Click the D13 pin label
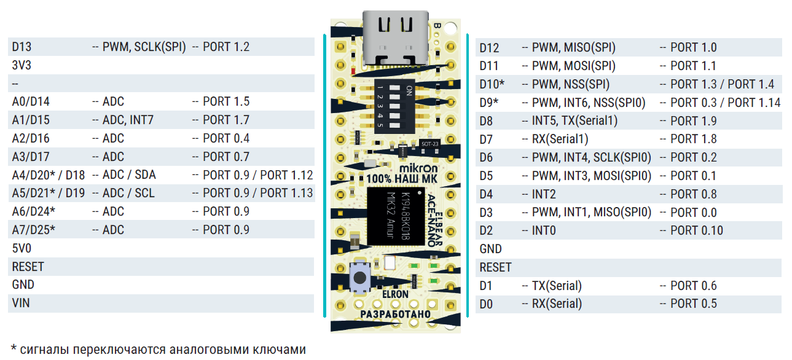tap(22, 47)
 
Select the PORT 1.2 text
tap(225, 47)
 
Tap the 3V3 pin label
tap(22, 65)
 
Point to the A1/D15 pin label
tap(31, 120)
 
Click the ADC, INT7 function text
tap(128, 120)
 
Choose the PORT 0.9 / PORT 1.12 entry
tap(257, 175)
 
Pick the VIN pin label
tap(21, 303)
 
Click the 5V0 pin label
tap(21, 248)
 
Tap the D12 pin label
tap(490, 47)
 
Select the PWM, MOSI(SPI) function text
tap(573, 66)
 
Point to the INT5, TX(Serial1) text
tap(574, 121)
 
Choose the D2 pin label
tap(487, 231)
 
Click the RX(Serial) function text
tap(557, 303)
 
